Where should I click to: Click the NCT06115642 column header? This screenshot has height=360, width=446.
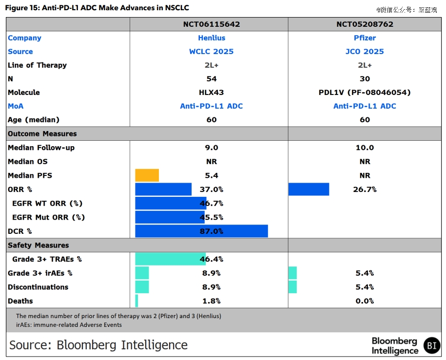pos(211,24)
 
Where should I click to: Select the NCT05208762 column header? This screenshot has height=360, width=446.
pos(365,24)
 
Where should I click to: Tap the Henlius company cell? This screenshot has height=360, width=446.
pos(211,38)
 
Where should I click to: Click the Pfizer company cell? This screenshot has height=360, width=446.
pos(365,38)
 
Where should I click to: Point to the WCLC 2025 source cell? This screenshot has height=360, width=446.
pos(211,52)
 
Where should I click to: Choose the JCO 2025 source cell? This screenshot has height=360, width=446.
pos(365,52)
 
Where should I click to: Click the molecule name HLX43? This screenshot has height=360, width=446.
pos(211,93)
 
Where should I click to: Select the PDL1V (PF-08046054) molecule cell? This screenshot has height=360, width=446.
pos(365,93)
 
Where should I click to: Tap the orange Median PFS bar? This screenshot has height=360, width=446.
pos(147,175)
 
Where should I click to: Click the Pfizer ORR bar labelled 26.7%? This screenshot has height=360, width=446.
pos(309,189)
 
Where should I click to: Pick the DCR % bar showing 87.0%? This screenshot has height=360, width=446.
pos(201,231)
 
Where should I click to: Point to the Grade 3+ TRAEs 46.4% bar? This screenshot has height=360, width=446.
pos(170,259)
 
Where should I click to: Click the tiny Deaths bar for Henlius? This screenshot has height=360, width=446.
pos(136,301)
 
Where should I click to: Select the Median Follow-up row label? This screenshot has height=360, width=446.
pos(41,148)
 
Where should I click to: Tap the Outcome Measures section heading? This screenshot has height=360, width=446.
pos(42,134)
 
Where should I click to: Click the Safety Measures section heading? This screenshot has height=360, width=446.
pos(38,246)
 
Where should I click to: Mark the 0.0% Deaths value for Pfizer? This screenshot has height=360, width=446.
pos(365,301)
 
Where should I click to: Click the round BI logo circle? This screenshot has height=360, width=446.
pos(431,345)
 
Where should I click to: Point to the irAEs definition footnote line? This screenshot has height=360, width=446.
pos(69,325)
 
